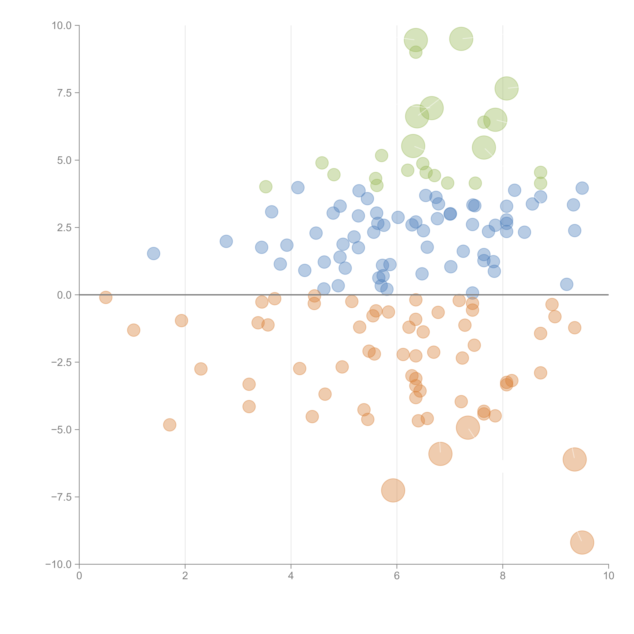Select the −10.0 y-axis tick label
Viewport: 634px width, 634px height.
tap(58, 564)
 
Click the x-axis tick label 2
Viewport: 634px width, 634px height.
tap(185, 576)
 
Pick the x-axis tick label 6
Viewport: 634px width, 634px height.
tap(397, 576)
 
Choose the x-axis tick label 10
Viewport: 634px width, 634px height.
tap(608, 576)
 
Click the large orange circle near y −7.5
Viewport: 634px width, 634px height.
tap(393, 490)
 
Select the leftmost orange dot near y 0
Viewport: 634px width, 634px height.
tap(106, 297)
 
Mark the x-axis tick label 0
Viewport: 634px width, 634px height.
tap(79, 576)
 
